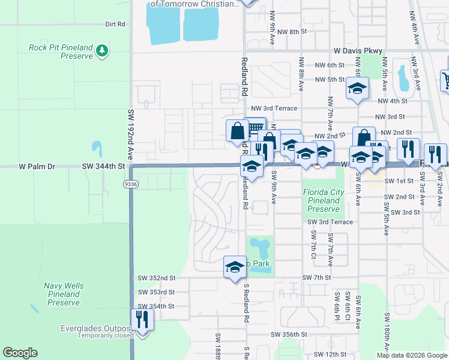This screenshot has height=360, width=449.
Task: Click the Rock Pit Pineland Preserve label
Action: point(61,52)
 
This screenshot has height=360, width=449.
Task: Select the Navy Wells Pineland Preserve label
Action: point(64,294)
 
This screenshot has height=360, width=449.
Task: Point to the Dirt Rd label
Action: point(115,25)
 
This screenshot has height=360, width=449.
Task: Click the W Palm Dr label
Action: point(37,166)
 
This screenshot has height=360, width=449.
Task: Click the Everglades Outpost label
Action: point(96,328)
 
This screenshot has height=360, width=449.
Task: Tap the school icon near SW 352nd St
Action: point(234,267)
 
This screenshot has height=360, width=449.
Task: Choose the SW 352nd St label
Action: point(156,278)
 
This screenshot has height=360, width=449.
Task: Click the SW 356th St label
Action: point(289,334)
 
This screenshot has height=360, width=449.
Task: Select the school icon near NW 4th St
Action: point(357,89)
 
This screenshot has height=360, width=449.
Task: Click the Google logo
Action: point(20,353)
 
